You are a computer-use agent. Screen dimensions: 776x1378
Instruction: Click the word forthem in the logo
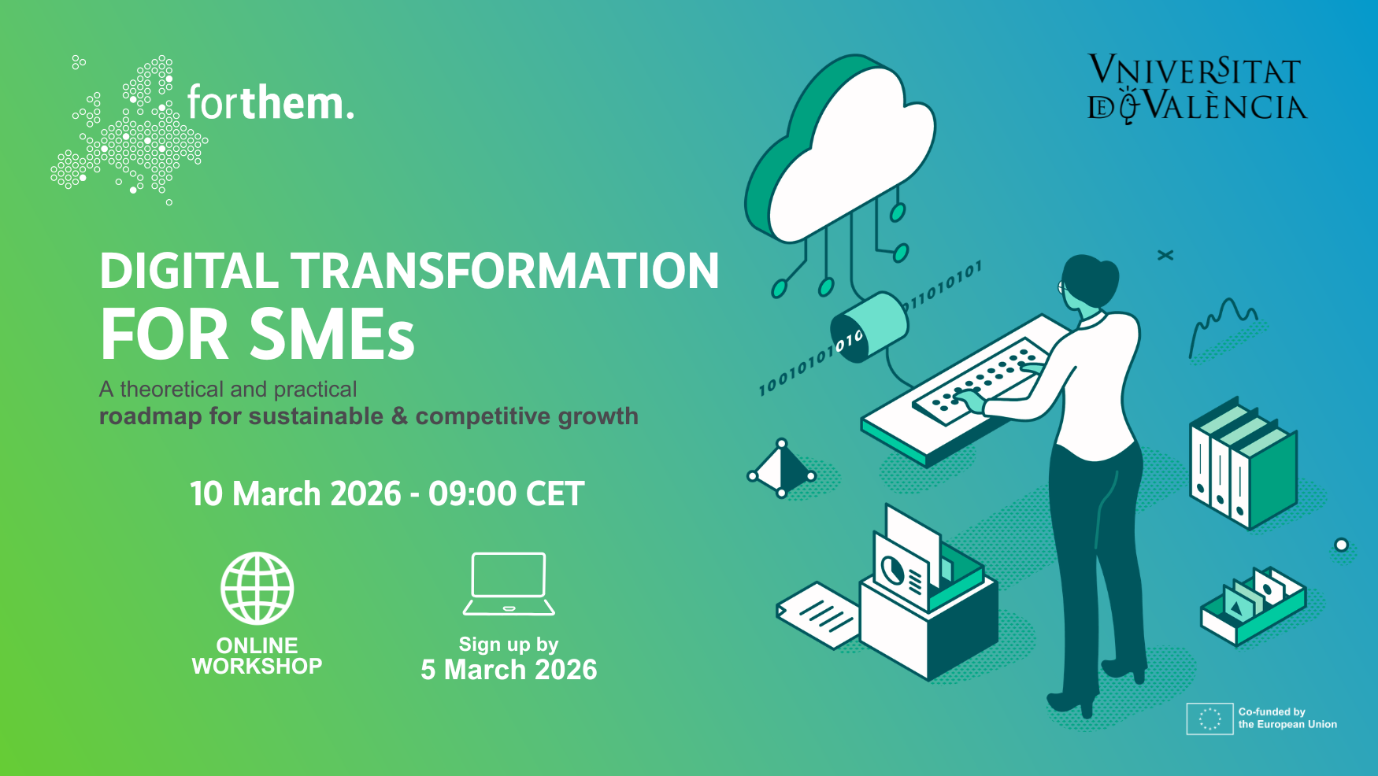pos(270,103)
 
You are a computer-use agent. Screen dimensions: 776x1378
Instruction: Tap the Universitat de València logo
pos(1196,89)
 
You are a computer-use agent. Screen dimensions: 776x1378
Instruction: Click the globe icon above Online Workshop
pos(257,588)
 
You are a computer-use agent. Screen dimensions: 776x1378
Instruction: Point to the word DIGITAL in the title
pos(189,272)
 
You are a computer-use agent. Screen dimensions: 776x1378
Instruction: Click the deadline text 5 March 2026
pos(509,670)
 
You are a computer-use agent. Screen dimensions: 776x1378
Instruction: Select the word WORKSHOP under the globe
pos(257,667)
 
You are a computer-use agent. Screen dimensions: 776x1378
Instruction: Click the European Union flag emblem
pos(1209,719)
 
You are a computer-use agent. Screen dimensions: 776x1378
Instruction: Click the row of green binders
pos(1243,464)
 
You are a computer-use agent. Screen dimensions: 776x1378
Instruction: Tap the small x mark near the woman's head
pos(1165,255)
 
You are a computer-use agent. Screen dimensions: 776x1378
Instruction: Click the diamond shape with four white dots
pos(782,469)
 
